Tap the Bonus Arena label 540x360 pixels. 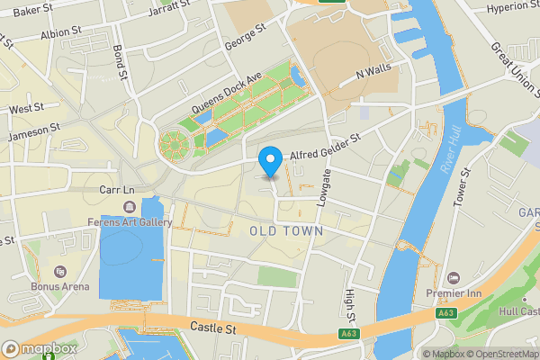tap(60, 286)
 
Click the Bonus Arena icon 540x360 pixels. tap(60, 272)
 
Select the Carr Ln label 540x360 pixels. tap(117, 191)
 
